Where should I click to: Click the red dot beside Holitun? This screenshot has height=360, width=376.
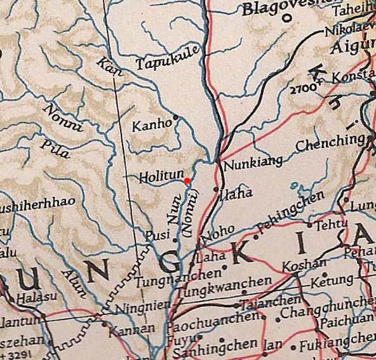[x=187, y=181]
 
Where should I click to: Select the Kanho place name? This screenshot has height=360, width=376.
[x=151, y=125]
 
